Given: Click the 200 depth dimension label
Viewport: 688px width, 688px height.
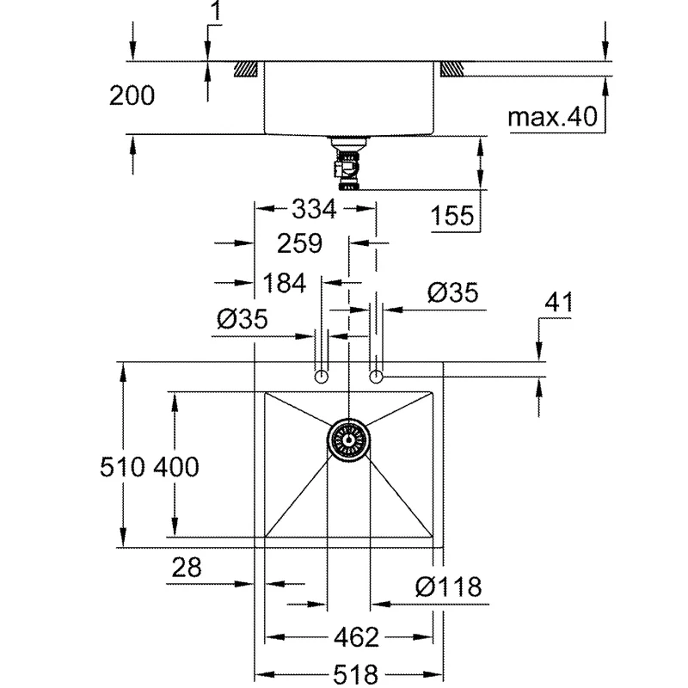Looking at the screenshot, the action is pos(132,95).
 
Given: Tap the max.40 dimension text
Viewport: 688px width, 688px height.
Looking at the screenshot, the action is pos(552,117).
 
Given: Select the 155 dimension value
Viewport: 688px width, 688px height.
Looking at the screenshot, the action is pos(452,216).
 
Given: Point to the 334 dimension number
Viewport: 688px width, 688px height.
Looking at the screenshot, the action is pos(314,209).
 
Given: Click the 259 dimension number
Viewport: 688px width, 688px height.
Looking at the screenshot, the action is pos(299,243).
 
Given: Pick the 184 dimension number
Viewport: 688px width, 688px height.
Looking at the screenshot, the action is pos(284,283).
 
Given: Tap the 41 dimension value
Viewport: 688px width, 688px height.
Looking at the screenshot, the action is pos(558,303).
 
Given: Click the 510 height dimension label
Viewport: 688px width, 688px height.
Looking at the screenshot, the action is pos(122,466).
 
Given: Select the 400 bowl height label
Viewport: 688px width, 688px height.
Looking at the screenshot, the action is pos(176,466).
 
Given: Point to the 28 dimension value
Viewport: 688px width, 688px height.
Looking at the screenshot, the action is pos(187,568).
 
